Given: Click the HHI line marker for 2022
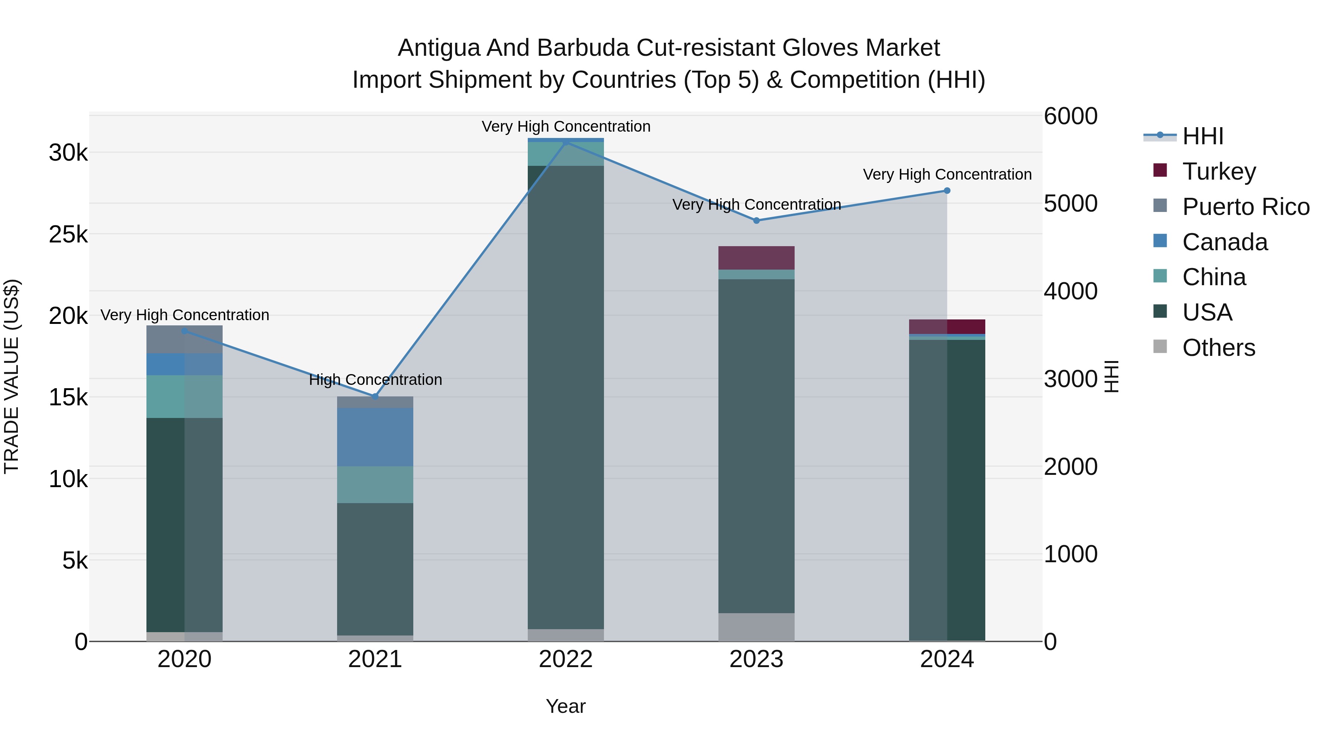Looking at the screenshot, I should (566, 141).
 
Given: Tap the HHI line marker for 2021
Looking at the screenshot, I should (375, 396).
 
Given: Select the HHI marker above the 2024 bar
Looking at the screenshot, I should (947, 191).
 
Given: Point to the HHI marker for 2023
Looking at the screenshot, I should (756, 221).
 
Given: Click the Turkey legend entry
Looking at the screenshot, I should (1219, 171).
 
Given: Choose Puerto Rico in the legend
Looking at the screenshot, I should (1245, 207).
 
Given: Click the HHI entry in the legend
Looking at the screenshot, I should (1202, 136).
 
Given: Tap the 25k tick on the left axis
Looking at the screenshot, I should (68, 234).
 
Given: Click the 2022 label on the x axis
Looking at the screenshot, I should (566, 659).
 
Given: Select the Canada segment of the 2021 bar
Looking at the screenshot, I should (375, 437).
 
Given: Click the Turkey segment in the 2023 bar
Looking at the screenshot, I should (756, 258).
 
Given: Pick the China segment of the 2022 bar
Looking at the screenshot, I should (566, 154).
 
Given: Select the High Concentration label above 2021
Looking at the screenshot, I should (375, 380).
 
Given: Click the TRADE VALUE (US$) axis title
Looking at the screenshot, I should (12, 376).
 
